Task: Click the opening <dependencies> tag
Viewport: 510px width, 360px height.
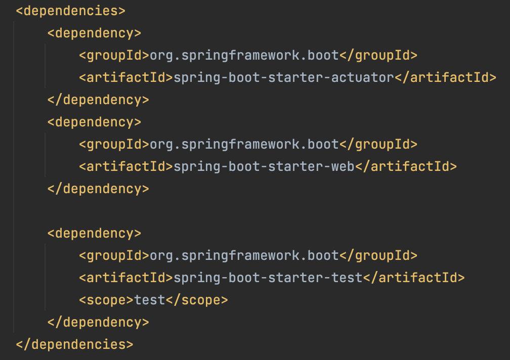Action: tap(71, 11)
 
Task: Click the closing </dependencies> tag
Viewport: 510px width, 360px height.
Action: tap(74, 344)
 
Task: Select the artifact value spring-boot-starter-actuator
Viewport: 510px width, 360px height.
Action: tap(284, 78)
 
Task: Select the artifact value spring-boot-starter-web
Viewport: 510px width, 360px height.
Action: tap(264, 167)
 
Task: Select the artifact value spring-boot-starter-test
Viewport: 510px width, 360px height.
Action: tap(268, 278)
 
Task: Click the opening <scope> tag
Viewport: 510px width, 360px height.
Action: tap(106, 300)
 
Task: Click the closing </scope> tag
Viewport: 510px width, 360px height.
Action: tap(197, 300)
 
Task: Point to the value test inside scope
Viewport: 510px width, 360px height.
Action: tap(150, 300)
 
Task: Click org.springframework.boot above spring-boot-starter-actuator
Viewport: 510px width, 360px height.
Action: tap(244, 56)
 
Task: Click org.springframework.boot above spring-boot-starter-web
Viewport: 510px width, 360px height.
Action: tap(244, 145)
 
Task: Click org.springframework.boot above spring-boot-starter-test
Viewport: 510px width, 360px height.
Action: tap(244, 256)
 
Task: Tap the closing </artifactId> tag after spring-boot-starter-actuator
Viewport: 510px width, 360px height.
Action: tap(446, 78)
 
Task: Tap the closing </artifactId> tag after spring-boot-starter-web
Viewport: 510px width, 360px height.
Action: tap(406, 167)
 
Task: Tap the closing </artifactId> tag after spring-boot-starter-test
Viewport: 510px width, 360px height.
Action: tap(414, 278)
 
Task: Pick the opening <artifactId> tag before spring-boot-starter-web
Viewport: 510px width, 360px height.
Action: tap(126, 167)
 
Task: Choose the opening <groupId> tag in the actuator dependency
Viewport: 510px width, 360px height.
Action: tap(114, 56)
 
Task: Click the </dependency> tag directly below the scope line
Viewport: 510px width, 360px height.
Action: tap(98, 322)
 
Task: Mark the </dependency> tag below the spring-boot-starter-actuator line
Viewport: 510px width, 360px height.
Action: tap(98, 100)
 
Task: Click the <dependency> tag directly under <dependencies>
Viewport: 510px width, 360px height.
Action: tap(94, 33)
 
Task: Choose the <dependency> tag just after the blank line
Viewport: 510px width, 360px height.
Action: tap(94, 233)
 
